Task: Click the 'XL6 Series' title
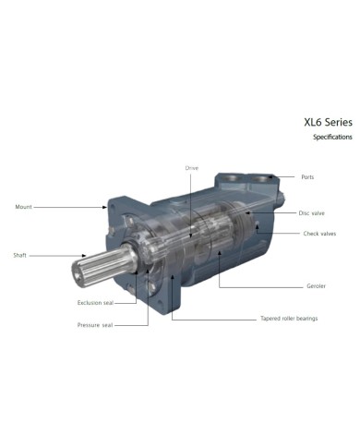[327, 120]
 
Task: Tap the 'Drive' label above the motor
[192, 168]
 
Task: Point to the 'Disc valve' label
[311, 212]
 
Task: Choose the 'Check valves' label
[319, 234]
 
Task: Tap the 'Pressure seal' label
[94, 325]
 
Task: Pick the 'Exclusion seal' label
[95, 302]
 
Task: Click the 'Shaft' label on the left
[19, 255]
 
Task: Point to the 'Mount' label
[24, 207]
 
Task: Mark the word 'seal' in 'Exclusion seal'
[108, 302]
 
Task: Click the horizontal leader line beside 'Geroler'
[258, 285]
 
